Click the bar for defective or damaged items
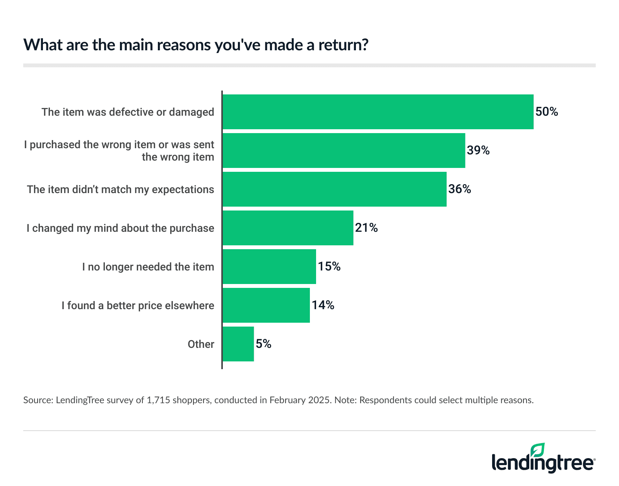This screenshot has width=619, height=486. pyautogui.click(x=378, y=112)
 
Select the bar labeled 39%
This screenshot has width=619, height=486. pyautogui.click(x=344, y=151)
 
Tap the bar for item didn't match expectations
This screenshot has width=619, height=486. pyautogui.click(x=334, y=189)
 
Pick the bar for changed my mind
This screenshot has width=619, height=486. pyautogui.click(x=288, y=228)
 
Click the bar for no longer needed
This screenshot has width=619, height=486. pyautogui.click(x=269, y=267)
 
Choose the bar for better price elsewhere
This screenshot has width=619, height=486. pyautogui.click(x=266, y=305)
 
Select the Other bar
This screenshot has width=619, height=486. pyautogui.click(x=238, y=344)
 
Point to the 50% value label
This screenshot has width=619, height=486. pyautogui.click(x=547, y=112)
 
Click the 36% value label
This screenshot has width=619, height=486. pyautogui.click(x=460, y=189)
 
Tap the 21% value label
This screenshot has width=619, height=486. pyautogui.click(x=366, y=228)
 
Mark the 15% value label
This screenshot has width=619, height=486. pyautogui.click(x=329, y=267)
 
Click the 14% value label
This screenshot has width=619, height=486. pyautogui.click(x=323, y=305)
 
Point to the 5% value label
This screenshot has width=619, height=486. pyautogui.click(x=263, y=344)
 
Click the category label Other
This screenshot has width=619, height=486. pyautogui.click(x=201, y=344)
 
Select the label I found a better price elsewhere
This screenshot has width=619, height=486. pyautogui.click(x=138, y=305)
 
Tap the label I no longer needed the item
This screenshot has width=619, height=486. pyautogui.click(x=148, y=267)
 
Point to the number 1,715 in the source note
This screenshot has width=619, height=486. pyautogui.click(x=158, y=400)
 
